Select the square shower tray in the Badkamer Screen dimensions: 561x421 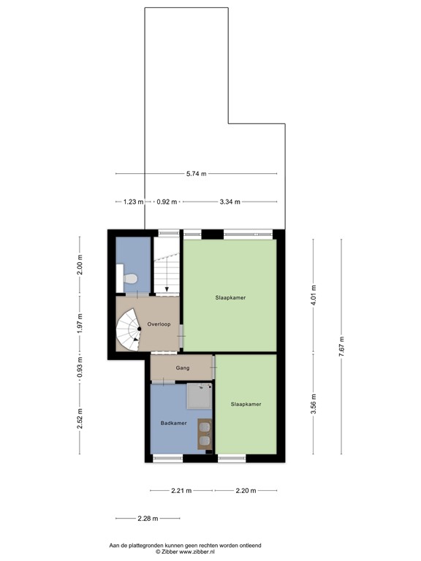(197, 397)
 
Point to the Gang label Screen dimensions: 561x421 (183, 367)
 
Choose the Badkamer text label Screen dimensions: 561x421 (174, 423)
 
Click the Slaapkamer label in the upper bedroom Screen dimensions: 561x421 (230, 297)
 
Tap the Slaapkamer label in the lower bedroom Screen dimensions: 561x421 (246, 404)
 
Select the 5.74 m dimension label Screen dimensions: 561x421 (196, 174)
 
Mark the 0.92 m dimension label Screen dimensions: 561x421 (167, 202)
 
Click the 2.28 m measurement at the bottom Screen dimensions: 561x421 (147, 519)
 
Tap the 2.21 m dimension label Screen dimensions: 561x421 (181, 490)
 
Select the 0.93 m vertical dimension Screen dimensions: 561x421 (80, 367)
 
